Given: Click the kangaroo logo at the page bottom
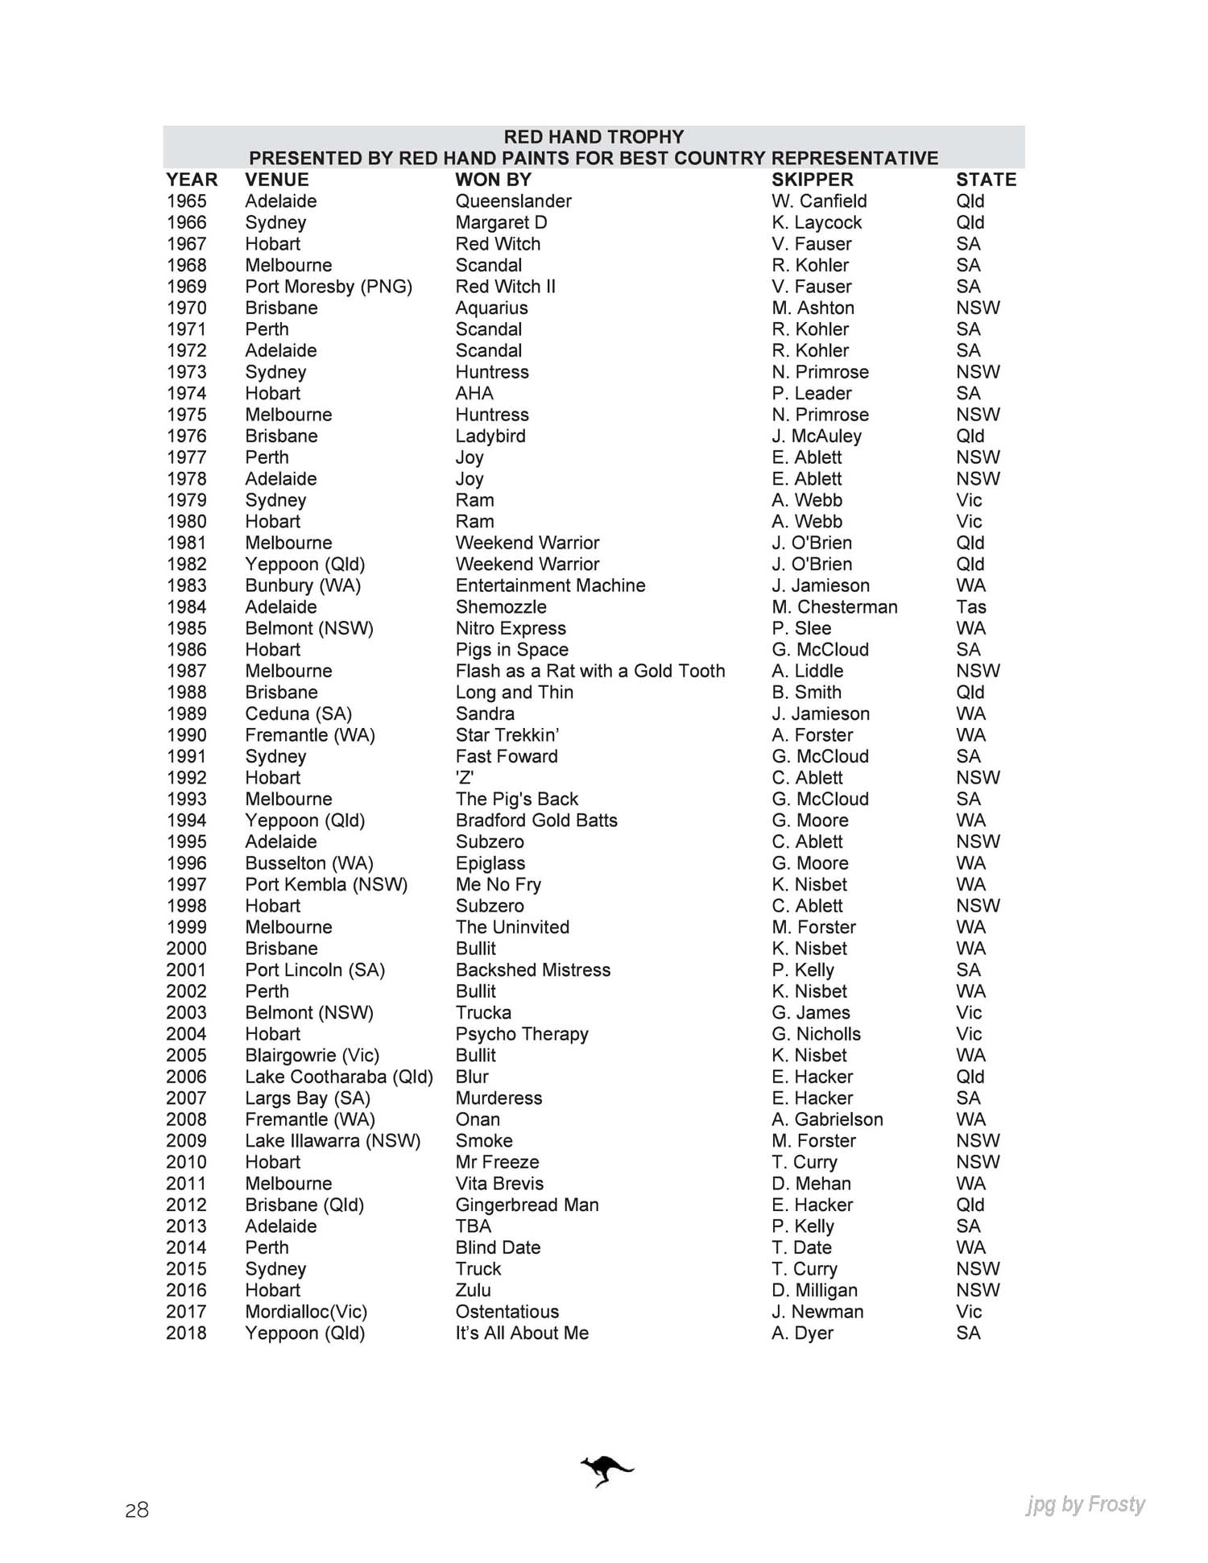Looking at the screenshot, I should point(606,1470).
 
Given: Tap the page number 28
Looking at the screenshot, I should point(137,1510).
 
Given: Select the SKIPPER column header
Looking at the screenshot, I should point(812,180).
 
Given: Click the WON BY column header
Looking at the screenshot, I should point(493,180).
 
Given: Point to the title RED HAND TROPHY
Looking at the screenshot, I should point(594,137).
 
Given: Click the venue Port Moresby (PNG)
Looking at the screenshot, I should point(329,287).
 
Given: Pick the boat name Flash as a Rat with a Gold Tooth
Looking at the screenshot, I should point(590,671).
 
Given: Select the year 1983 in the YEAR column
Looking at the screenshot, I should point(187,585).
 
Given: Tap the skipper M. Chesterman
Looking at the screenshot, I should point(834,607).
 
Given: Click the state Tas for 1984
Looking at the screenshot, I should point(970,607).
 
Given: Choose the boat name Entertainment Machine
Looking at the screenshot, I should point(550,585).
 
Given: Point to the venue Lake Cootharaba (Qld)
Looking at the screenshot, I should point(339,1077).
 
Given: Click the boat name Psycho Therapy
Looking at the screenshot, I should point(522,1034).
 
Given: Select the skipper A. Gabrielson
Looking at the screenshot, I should point(827,1119).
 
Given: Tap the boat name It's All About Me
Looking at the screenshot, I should point(522,1333).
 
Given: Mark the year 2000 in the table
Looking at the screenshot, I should point(187,949).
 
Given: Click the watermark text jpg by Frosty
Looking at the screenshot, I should point(1086,1504).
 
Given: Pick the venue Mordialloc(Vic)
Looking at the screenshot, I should point(306,1312).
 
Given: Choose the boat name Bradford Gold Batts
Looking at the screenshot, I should point(536,821).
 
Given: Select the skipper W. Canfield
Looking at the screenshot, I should point(819,201).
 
